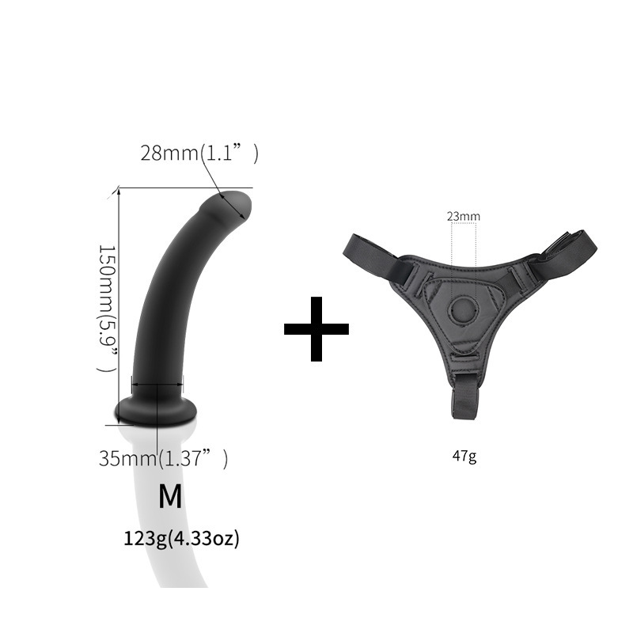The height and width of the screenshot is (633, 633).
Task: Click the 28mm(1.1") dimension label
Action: click(199, 154)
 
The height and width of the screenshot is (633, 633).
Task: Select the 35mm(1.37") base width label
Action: click(163, 458)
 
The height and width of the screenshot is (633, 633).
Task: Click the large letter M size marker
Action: click(170, 496)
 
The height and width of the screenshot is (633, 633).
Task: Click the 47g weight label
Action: click(464, 456)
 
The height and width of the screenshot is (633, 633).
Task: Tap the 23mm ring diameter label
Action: click(463, 216)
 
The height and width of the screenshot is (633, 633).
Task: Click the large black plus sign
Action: click(316, 329)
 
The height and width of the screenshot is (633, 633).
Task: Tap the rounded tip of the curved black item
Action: click(233, 204)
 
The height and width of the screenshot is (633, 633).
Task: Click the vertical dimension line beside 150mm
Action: click(119, 293)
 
